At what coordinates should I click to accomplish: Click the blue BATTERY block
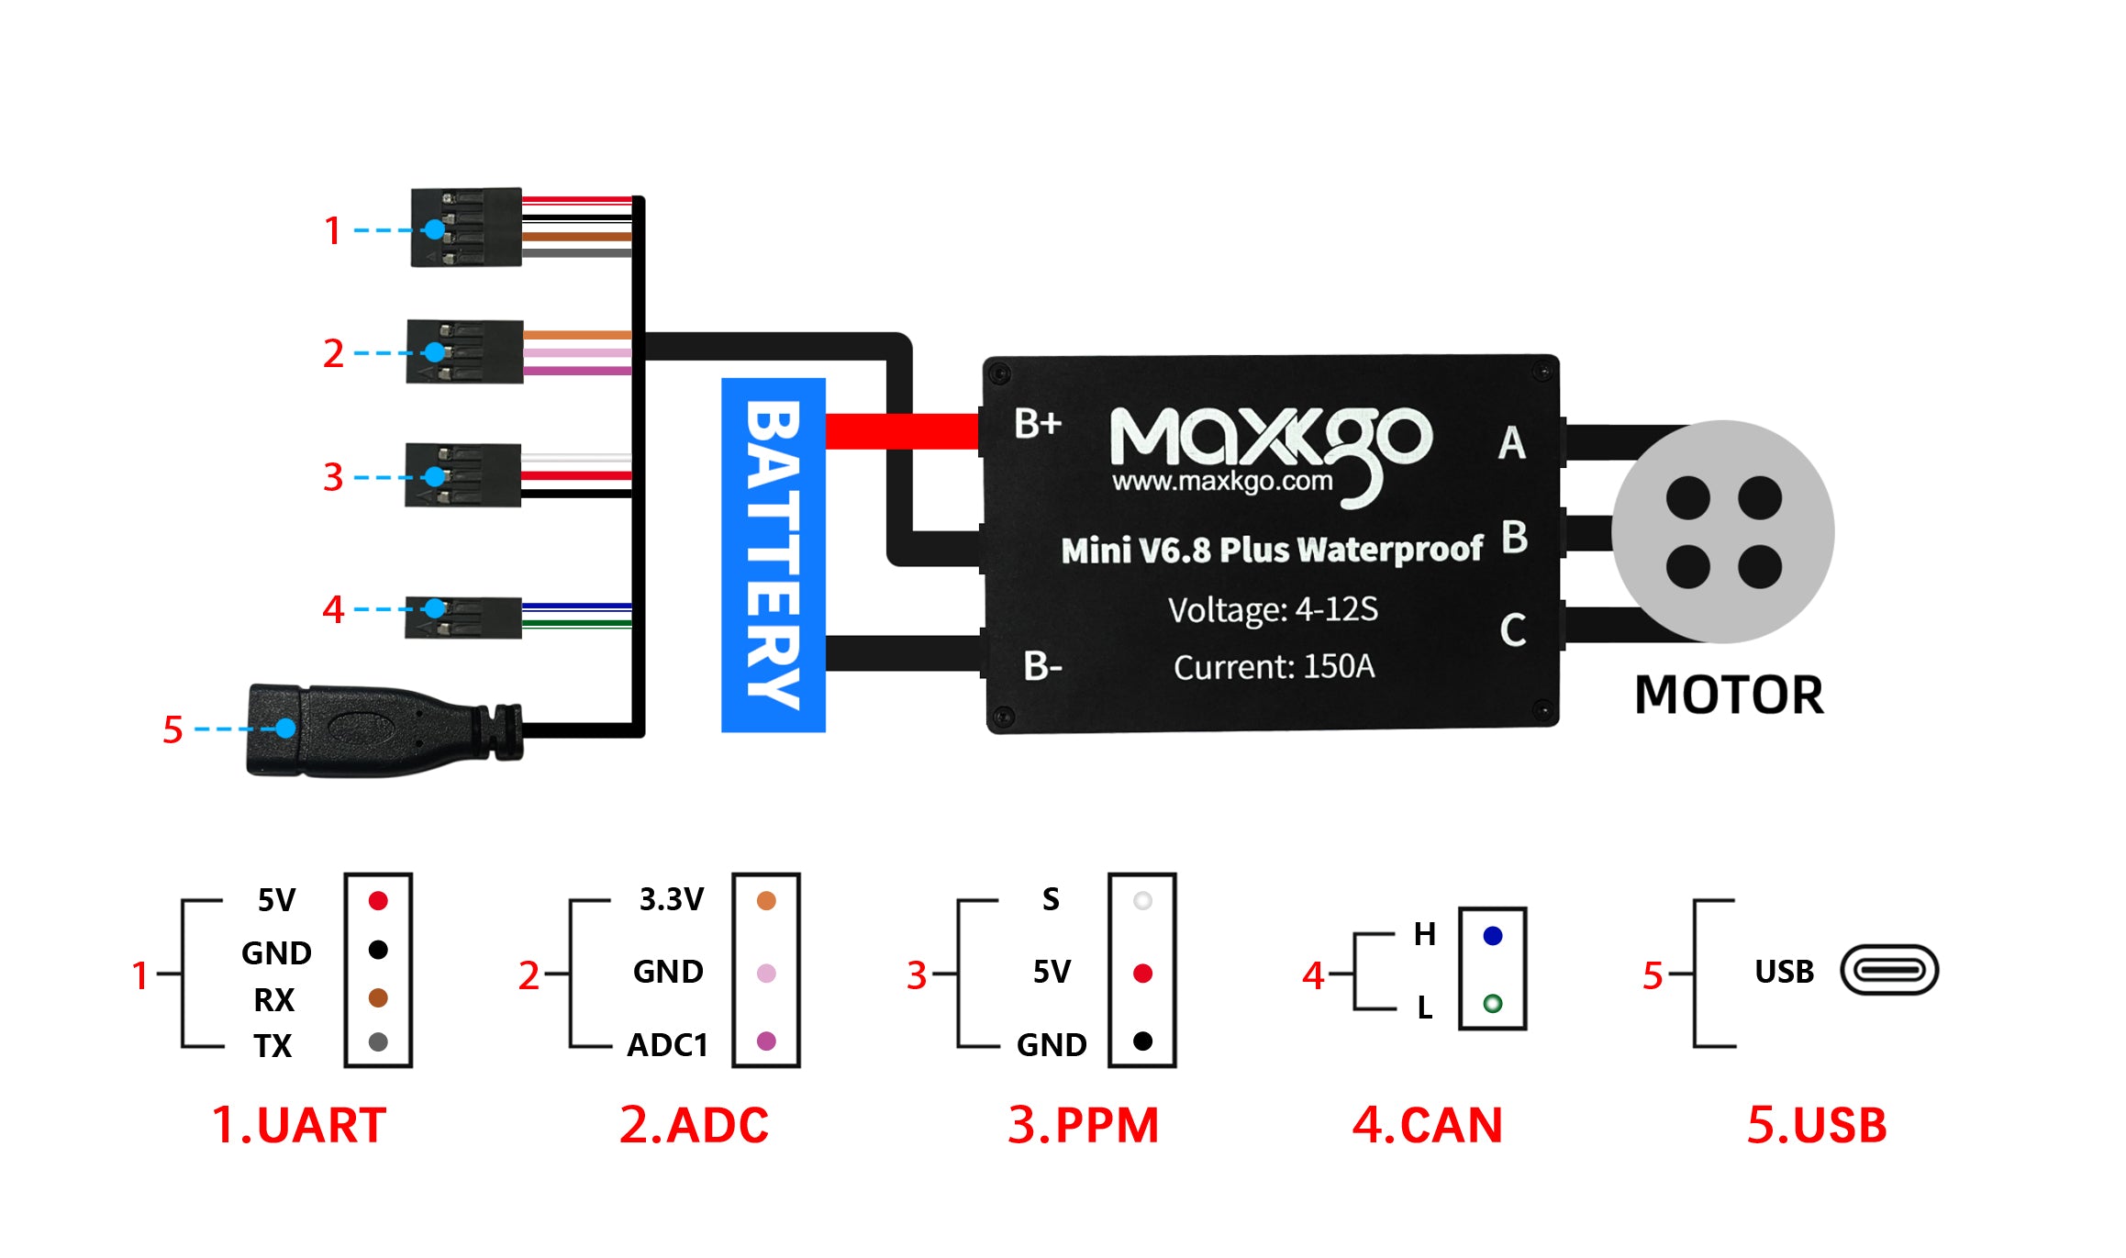point(774,554)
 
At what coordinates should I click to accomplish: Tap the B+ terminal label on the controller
point(1038,423)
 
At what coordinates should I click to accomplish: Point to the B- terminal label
point(1042,666)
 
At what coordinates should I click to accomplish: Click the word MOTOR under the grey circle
point(1729,695)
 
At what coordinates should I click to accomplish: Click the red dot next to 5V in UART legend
point(378,900)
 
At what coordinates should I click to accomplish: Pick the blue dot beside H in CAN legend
point(1493,936)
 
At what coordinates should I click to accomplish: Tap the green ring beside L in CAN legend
point(1493,1003)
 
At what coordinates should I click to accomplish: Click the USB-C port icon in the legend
point(1889,970)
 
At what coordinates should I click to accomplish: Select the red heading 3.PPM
point(1083,1125)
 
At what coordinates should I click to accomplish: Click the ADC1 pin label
point(667,1045)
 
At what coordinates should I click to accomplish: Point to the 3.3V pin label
point(672,899)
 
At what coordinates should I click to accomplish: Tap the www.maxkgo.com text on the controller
point(1222,481)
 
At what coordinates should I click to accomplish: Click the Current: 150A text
point(1274,666)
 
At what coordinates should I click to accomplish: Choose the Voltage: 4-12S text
point(1273,609)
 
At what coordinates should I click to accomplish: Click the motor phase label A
point(1512,443)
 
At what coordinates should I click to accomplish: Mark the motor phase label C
point(1513,629)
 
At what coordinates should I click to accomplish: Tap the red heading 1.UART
point(298,1125)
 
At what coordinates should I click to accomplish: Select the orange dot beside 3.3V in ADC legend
point(766,900)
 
